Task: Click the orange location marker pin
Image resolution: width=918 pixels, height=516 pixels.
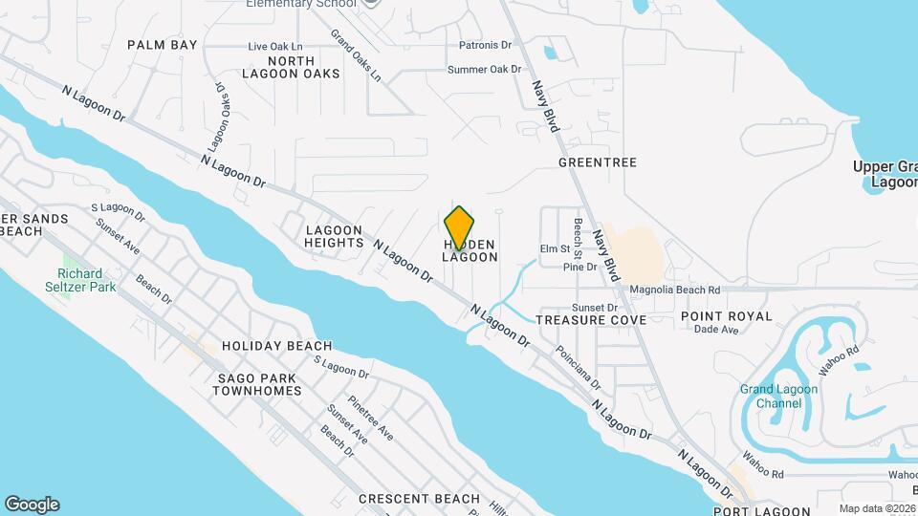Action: [x=459, y=227]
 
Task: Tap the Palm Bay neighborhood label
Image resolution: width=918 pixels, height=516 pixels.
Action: [x=163, y=45]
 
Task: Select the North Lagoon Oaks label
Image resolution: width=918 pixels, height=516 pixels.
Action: [x=291, y=67]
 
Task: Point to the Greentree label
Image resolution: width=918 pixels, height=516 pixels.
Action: [x=598, y=162]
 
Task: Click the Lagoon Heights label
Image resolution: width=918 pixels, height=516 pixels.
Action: [x=334, y=236]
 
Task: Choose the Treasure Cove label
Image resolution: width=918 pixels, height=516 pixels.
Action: [x=591, y=319]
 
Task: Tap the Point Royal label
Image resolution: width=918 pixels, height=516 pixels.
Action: [x=726, y=316]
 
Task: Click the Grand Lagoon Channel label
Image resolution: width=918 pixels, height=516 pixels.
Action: [x=778, y=396]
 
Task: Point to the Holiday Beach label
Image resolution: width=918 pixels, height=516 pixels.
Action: [x=276, y=346]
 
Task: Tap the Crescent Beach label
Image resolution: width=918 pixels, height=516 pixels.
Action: [x=419, y=499]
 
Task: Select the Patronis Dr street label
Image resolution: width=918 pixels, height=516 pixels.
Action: [x=485, y=45]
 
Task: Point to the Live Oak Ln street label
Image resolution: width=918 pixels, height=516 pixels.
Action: [x=274, y=46]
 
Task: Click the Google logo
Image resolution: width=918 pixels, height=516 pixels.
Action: [x=32, y=505]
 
